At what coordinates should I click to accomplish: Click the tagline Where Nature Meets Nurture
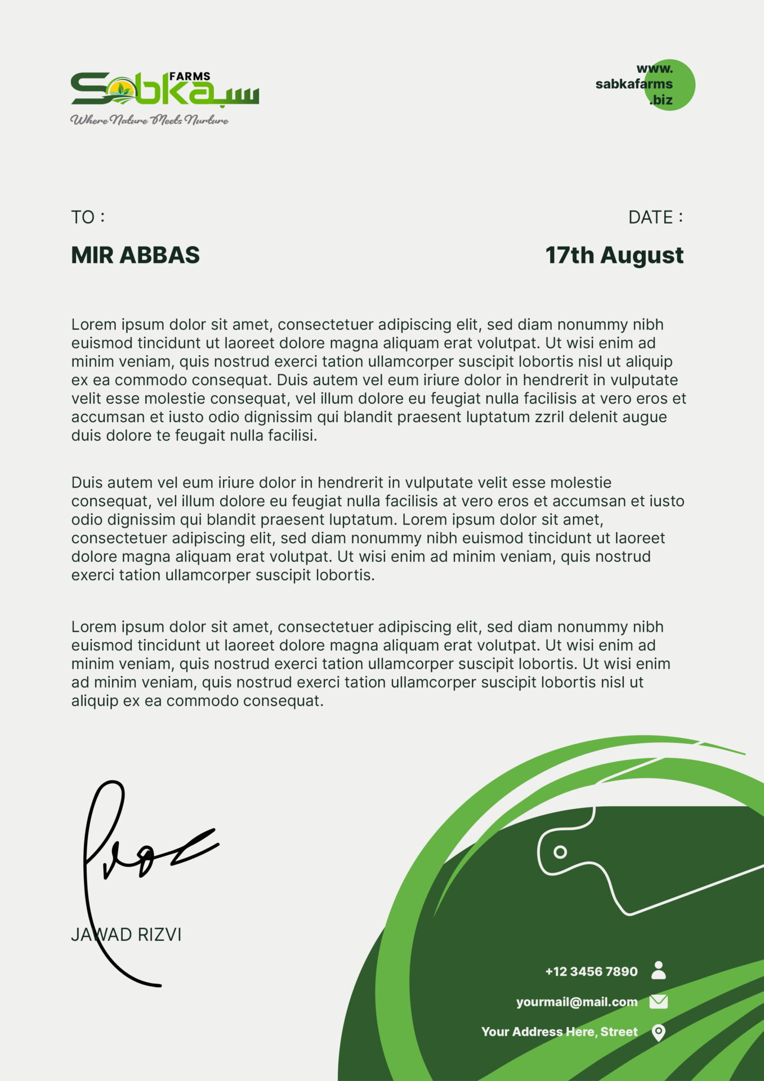pos(149,120)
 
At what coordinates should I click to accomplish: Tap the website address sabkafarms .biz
pos(635,84)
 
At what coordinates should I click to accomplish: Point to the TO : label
pos(88,217)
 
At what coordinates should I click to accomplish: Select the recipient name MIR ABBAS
pos(135,255)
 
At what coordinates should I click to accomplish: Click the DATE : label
pos(655,217)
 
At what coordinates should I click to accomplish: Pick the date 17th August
pos(614,255)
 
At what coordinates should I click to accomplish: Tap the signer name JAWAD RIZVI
pos(126,935)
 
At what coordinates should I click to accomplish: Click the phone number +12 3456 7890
pos(591,971)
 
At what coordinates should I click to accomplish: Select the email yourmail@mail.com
pos(577,1002)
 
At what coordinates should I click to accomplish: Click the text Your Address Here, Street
pos(559,1031)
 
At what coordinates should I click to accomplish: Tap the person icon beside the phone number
pos(658,970)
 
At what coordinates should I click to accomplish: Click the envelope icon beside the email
pos(658,1001)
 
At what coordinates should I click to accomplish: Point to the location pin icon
pos(658,1032)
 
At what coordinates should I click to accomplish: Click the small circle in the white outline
pos(560,852)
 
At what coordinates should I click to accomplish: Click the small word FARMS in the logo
pos(190,77)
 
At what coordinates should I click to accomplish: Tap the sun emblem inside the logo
pos(122,90)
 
